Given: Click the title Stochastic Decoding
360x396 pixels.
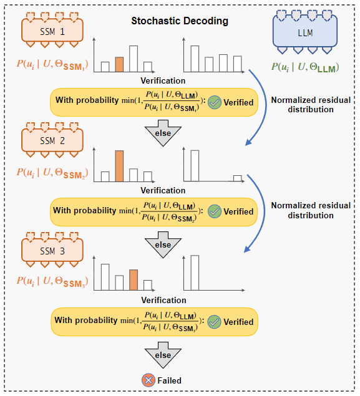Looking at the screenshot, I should click(x=180, y=21).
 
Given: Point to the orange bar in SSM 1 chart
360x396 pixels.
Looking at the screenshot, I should click(x=119, y=64).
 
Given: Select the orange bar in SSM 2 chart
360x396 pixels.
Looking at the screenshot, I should click(x=119, y=166).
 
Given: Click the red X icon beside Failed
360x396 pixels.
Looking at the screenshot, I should click(x=148, y=380).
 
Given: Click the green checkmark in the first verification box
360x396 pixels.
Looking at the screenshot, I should click(x=214, y=102).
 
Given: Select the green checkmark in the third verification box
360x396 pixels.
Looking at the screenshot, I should click(x=214, y=322).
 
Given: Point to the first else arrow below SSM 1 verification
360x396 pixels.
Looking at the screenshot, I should click(x=163, y=134).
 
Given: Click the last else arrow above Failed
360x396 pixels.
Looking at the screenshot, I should click(x=163, y=357).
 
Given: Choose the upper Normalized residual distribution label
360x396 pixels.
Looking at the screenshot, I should click(x=311, y=104).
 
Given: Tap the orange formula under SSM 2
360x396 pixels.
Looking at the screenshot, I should click(x=52, y=172).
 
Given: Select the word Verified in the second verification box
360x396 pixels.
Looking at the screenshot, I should click(x=238, y=211).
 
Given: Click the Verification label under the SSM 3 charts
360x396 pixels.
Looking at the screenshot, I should click(x=163, y=300).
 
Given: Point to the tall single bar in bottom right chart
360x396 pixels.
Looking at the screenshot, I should click(x=195, y=273).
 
